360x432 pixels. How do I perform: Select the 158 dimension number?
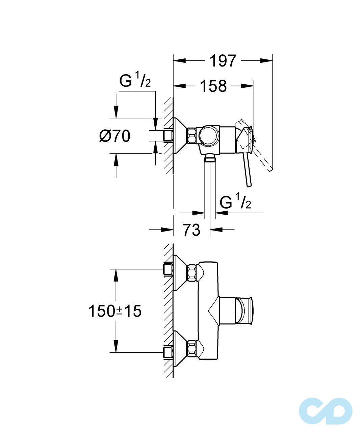point(213,86)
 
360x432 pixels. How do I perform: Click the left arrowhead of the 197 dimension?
point(179,61)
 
